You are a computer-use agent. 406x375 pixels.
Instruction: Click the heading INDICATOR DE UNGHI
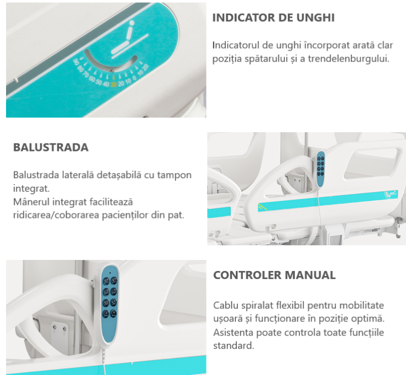tap(273, 18)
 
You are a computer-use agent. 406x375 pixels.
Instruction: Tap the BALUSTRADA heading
tap(50, 147)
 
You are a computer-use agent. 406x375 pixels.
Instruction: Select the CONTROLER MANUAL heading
tap(274, 275)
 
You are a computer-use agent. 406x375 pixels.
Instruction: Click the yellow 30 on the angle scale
tap(114, 84)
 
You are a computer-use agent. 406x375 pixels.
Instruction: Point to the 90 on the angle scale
tap(76, 62)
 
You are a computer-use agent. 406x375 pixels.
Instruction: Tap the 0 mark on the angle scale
tap(134, 78)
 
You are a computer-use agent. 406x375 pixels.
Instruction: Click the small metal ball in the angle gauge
tap(112, 71)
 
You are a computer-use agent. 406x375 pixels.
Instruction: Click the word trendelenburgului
tap(348, 59)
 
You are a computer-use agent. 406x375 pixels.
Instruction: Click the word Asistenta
tap(233, 332)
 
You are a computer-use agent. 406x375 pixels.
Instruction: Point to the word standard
tap(234, 346)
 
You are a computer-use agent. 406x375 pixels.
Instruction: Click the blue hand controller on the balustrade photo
tap(321, 169)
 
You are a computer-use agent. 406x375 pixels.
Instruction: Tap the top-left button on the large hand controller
tap(106, 281)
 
